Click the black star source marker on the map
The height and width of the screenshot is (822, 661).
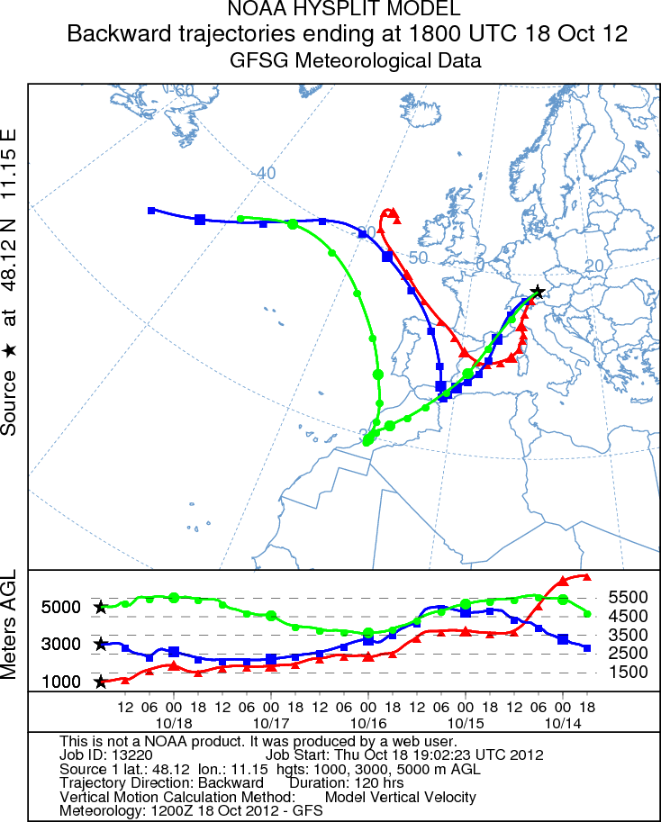pos(538,292)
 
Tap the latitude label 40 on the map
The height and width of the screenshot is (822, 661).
pos(266,173)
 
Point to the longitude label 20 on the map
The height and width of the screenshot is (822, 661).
pos(594,266)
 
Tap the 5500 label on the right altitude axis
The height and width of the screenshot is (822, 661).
pos(628,597)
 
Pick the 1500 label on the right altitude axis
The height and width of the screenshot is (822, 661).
pos(628,672)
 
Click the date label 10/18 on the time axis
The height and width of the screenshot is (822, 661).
pos(173,723)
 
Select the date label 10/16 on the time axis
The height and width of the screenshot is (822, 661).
pos(368,723)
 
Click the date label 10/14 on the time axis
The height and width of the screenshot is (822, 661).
pos(563,723)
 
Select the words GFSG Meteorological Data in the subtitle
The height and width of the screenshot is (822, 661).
pos(355,61)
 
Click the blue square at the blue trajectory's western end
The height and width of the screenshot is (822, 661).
pos(152,211)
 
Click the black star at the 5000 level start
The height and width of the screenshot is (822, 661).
pos(101,608)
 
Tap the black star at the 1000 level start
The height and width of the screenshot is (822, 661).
pos(101,682)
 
